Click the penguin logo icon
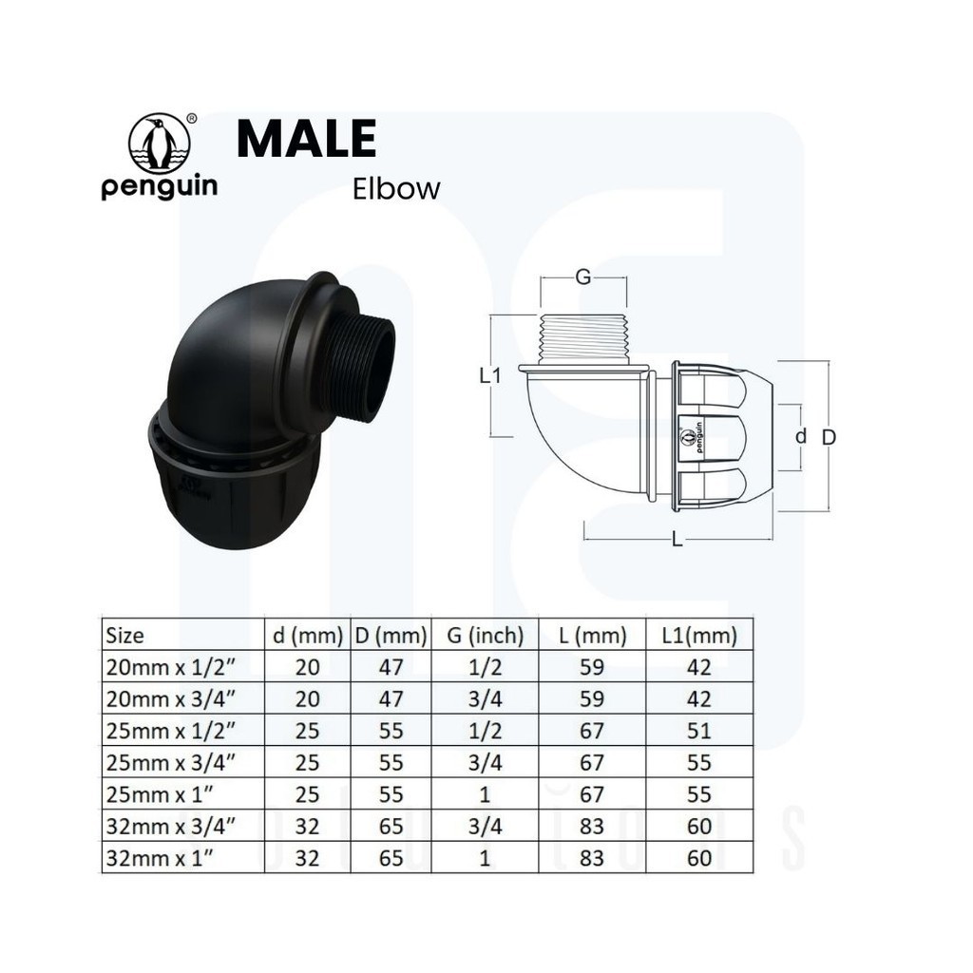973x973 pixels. (160, 143)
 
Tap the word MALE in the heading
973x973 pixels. (307, 138)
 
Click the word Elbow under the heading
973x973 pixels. (396, 189)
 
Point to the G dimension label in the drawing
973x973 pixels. (583, 277)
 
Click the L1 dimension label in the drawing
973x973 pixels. (490, 374)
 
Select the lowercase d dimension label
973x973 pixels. (801, 436)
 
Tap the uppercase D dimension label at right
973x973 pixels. (829, 437)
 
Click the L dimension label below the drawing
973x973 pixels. (677, 540)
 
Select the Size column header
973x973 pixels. (124, 636)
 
